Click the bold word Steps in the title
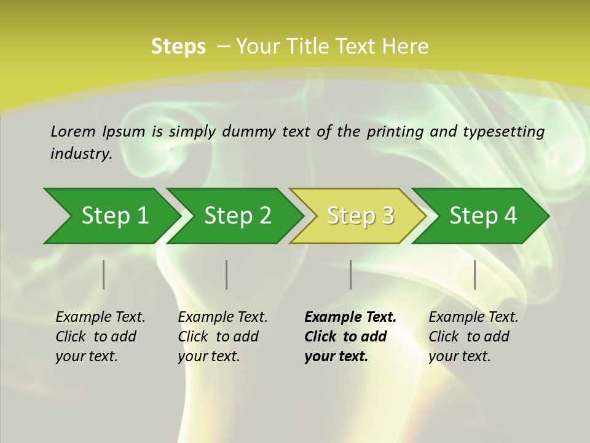click(178, 47)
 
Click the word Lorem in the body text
click(73, 131)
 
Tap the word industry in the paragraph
click(81, 153)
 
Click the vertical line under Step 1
click(104, 274)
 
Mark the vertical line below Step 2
click(227, 274)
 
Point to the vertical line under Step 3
click(350, 274)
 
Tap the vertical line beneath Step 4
click(475, 274)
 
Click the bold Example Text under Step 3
click(350, 317)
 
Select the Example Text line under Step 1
click(100, 317)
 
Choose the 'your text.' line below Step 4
click(459, 356)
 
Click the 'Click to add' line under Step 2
click(218, 337)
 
